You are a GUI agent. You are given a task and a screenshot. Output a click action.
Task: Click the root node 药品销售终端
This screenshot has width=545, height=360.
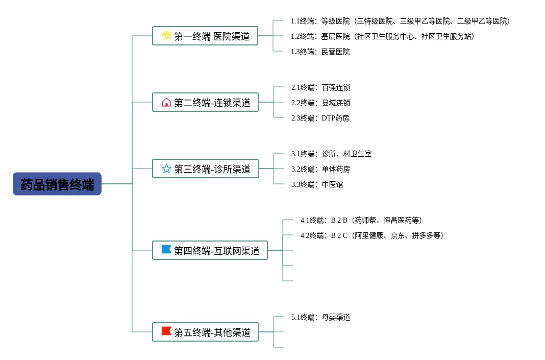[57, 184]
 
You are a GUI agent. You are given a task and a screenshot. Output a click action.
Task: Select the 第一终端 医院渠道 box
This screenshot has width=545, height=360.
[205, 36]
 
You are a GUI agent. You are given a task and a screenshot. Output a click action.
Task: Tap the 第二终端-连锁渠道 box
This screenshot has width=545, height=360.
[205, 102]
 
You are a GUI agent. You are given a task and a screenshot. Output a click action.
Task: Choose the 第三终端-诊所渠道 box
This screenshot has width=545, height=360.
[205, 169]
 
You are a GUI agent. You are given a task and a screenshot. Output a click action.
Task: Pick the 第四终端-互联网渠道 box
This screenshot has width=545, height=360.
[210, 250]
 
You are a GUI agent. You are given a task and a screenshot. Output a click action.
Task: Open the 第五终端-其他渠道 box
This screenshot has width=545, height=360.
[205, 332]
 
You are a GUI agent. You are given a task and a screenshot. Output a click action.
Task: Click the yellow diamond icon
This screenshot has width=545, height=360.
[166, 36]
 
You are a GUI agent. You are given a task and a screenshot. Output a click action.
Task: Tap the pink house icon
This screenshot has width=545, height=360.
[166, 102]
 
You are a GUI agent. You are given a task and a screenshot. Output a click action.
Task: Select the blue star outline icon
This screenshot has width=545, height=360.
[166, 169]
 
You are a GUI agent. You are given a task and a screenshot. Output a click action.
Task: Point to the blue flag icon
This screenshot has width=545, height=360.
[166, 250]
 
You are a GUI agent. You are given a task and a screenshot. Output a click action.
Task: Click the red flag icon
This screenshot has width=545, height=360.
[166, 331]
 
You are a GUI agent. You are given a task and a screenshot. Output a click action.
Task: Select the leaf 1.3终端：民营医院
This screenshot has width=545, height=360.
[320, 52]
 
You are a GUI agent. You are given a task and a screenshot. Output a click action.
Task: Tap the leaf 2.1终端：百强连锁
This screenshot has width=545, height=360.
[320, 87]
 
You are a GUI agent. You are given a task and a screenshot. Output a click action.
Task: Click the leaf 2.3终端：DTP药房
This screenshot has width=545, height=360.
[320, 118]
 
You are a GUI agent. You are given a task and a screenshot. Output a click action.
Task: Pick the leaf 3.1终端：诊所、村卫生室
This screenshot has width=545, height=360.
[331, 154]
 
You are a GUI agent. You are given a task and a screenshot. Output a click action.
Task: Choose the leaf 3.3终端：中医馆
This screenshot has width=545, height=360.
[317, 184]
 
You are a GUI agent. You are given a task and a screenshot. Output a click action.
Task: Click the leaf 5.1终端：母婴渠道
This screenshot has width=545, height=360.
[320, 317]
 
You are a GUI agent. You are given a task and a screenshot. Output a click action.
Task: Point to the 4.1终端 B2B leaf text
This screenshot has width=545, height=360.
[361, 220]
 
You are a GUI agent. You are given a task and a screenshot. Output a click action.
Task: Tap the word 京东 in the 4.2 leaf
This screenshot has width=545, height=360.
[398, 235]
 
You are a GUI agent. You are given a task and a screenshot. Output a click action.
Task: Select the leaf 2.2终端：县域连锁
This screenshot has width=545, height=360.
[320, 103]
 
